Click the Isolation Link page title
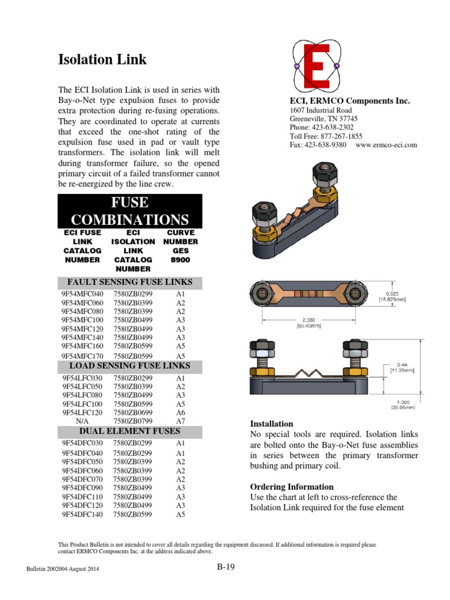tap(102, 60)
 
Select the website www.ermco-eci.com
tap(386, 145)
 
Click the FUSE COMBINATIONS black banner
tap(129, 212)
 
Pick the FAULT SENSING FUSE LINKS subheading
tap(129, 282)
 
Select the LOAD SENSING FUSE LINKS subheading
tap(129, 366)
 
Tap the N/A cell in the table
tap(82, 421)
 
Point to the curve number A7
tap(180, 421)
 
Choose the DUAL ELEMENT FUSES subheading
tap(129, 432)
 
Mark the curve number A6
tap(180, 412)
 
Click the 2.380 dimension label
tap(305, 321)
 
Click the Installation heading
tap(272, 424)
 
